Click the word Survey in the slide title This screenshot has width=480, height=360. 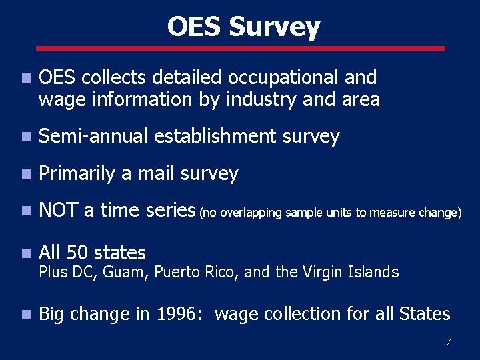pos(274,27)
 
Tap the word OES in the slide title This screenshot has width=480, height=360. pos(194,27)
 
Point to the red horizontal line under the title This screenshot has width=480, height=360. pos(240,48)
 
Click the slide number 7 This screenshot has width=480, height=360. pos(448,342)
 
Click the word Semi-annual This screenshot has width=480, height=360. pos(93,137)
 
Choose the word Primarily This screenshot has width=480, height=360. pos(77,174)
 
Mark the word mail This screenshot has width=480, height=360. pos(156,174)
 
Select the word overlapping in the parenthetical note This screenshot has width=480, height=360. pos(251,213)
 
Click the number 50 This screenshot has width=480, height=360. pos(79,253)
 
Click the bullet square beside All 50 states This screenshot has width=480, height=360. pos(25,253)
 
